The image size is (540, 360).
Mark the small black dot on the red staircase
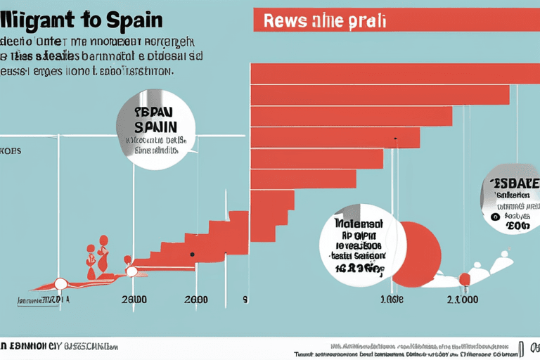[x=191, y=254]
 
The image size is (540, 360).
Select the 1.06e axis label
[x=392, y=300]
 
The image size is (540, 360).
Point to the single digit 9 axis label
[x=245, y=300]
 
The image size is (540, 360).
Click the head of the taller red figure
[x=103, y=240]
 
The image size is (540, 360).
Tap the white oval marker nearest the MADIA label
[x=61, y=283]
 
